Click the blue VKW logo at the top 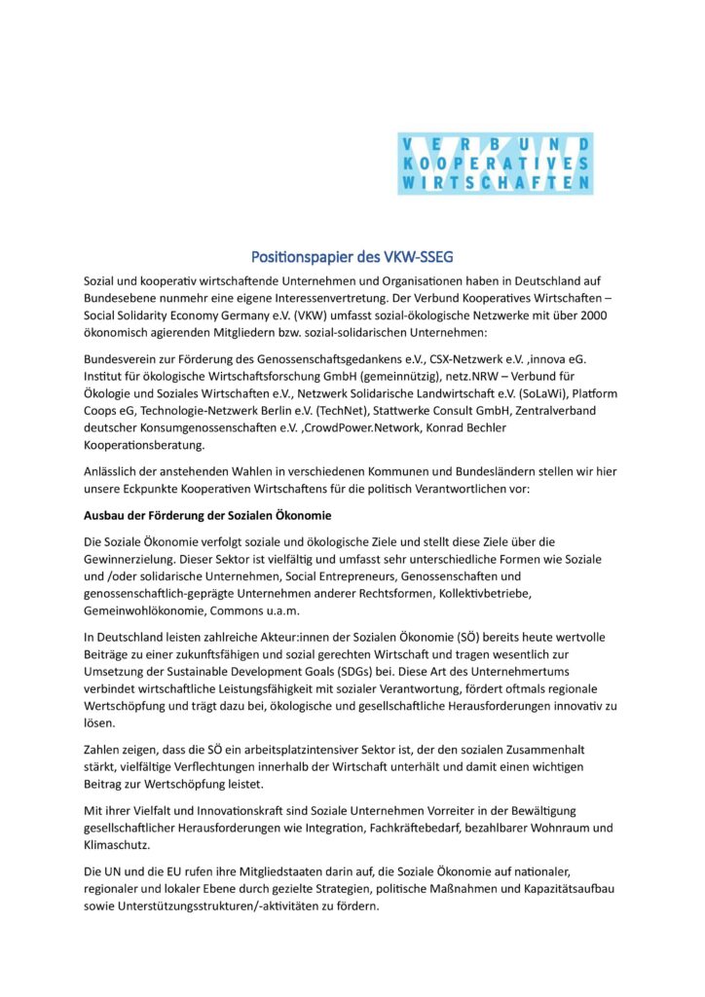[495, 164]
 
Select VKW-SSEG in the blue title [417, 257]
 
